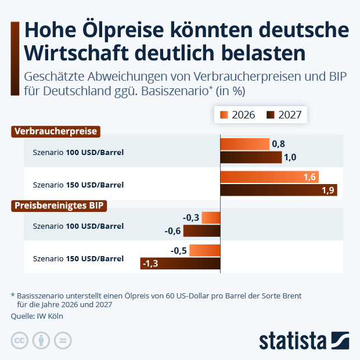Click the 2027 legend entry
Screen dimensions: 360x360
click(x=284, y=114)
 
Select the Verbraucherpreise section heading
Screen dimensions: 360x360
click(x=56, y=131)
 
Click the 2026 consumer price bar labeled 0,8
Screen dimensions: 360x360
click(x=245, y=144)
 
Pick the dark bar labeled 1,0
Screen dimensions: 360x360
click(x=251, y=157)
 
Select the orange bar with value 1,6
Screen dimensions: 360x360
click(x=269, y=177)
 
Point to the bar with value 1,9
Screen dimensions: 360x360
click(x=279, y=190)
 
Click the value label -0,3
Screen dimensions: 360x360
click(x=191, y=218)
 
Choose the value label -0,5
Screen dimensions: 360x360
click(x=179, y=250)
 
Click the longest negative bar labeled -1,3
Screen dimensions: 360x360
click(x=181, y=264)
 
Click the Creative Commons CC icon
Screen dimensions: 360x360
click(x=20, y=340)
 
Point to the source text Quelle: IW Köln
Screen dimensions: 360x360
click(x=37, y=316)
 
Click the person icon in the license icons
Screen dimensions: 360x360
click(x=41, y=340)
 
